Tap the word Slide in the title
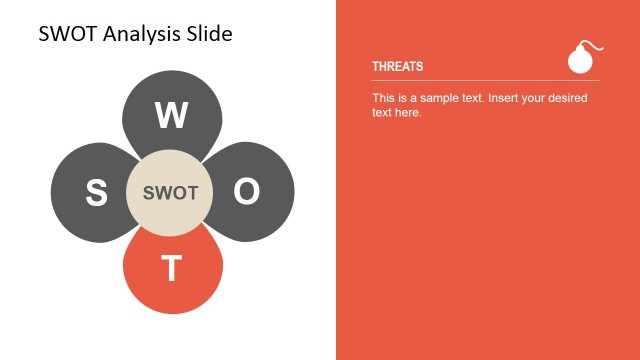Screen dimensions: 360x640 point(208,34)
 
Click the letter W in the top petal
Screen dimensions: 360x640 point(171,116)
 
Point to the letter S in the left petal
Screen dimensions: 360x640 point(96,193)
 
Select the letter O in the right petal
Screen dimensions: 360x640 point(247,192)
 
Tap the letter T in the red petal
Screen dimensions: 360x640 point(172,269)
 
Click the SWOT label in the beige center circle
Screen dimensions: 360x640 point(171,193)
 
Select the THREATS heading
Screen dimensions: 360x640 point(398,67)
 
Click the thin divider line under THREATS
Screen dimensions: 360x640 point(485,80)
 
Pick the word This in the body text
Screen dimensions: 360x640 point(384,98)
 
